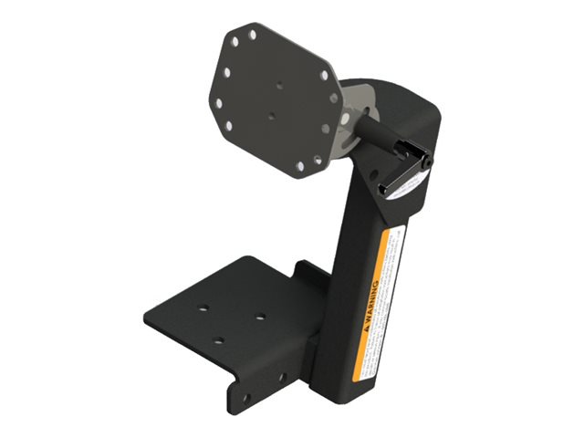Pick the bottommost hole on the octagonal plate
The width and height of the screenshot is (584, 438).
[300, 166]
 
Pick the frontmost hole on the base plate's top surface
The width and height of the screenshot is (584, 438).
[218, 341]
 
